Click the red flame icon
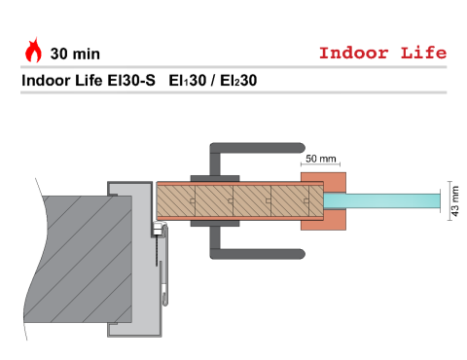click(33, 51)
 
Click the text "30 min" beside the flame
click(75, 54)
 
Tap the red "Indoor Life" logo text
click(382, 53)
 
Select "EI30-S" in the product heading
click(131, 81)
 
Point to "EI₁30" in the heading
click(188, 81)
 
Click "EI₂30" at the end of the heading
click(238, 81)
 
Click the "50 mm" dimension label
click(321, 159)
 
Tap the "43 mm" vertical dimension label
click(455, 201)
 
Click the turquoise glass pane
click(381, 201)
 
